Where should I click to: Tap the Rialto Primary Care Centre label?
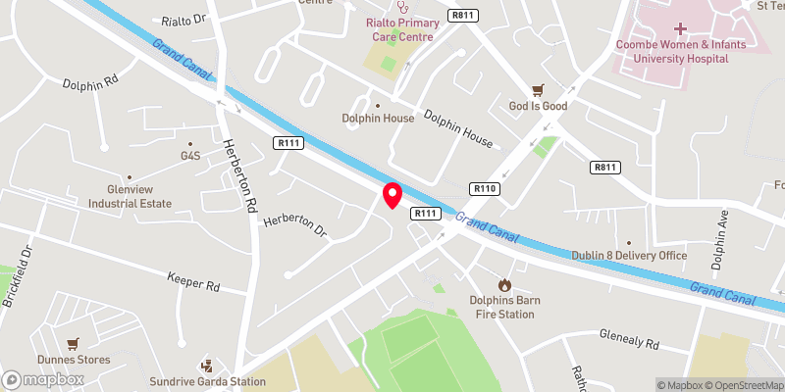coord(399,30)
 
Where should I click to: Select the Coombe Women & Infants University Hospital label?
coord(680,51)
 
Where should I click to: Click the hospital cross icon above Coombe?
coord(680,29)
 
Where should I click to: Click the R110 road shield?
coord(486,188)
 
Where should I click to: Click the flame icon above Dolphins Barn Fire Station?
coord(504,284)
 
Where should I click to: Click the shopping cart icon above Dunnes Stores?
coord(73,344)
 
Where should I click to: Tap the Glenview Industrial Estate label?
coord(130,196)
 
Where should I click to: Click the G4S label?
coord(189,156)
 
